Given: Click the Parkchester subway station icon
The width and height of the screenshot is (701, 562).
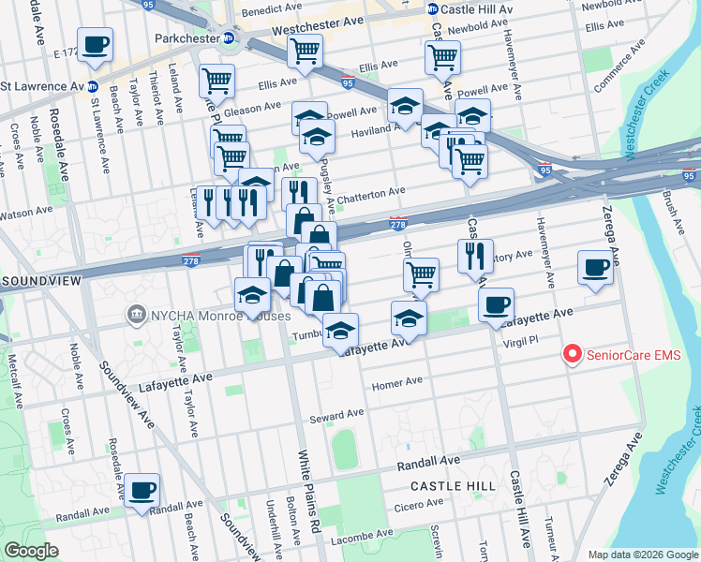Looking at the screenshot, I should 228,38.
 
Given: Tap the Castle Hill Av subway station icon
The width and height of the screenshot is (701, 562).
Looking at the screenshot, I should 433,8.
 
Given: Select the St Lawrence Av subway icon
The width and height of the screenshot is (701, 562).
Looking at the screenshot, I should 95,86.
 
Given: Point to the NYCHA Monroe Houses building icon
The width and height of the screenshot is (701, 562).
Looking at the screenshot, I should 137,312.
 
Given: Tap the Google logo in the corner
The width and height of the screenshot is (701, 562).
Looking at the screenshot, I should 32,551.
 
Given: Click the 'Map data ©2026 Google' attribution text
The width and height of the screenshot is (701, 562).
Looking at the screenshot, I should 642,555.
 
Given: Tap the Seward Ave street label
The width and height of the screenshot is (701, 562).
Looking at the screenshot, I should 341,414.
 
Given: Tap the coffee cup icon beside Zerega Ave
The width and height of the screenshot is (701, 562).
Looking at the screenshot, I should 595,268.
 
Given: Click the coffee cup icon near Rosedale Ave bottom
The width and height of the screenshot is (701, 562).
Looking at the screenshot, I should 142,490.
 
